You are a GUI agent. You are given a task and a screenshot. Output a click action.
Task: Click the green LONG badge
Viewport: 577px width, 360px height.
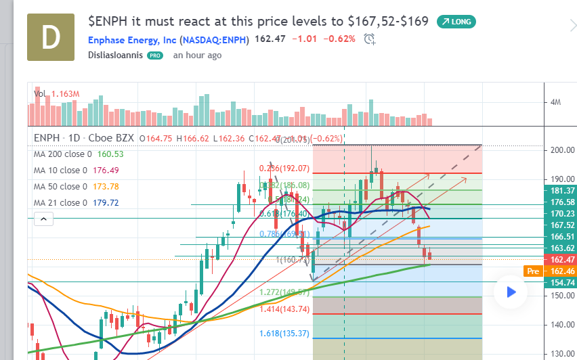(x=456, y=22)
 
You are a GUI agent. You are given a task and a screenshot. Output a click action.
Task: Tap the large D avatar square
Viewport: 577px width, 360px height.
(x=51, y=39)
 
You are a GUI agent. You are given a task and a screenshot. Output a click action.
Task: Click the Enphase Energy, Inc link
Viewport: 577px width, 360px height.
(x=169, y=39)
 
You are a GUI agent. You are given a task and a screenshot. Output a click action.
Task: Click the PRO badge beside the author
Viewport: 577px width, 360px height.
(x=156, y=55)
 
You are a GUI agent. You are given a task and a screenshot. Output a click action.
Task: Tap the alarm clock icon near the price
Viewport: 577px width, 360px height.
(x=369, y=39)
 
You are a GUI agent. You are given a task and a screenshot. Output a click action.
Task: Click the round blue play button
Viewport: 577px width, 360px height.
(x=511, y=292)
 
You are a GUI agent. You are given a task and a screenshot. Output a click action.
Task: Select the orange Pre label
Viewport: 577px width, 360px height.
(x=532, y=271)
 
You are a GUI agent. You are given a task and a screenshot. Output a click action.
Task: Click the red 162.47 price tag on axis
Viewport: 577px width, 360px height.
(x=562, y=260)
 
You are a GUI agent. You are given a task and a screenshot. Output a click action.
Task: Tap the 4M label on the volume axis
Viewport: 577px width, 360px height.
(x=556, y=103)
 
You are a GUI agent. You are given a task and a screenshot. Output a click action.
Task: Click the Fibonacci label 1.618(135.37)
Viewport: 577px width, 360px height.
(x=284, y=334)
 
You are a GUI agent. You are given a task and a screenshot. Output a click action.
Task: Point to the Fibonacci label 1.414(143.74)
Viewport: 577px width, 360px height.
(x=284, y=309)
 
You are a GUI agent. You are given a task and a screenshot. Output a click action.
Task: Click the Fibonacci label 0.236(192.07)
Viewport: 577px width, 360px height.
(x=284, y=168)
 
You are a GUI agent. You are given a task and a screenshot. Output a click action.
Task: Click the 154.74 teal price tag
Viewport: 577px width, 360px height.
(x=562, y=282)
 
